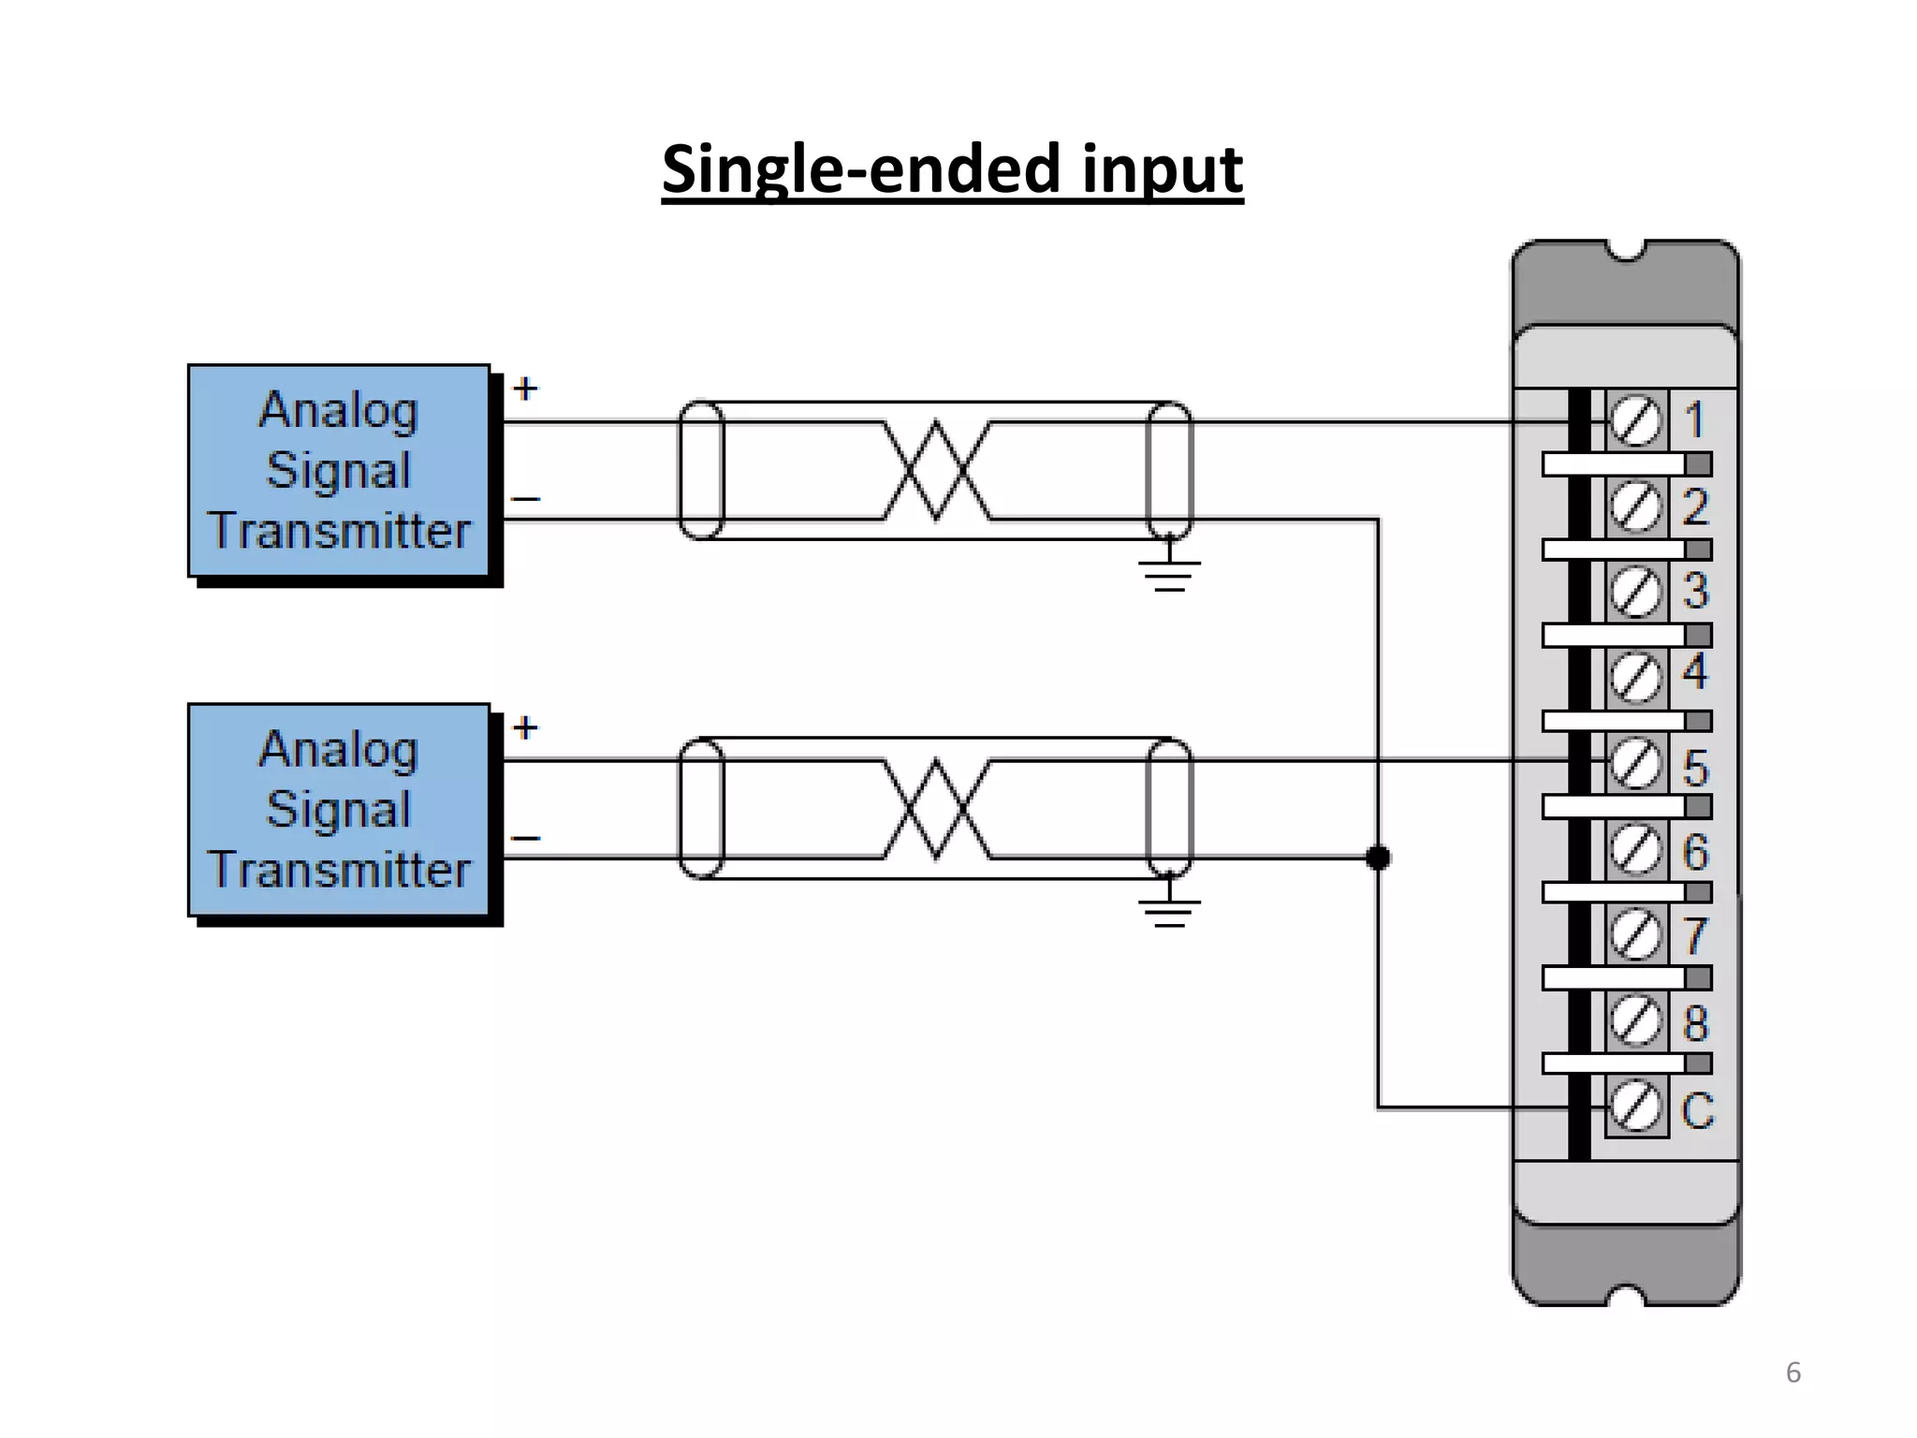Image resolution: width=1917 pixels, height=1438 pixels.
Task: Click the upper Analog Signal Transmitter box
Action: (339, 470)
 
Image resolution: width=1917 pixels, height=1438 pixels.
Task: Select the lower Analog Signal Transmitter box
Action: (339, 810)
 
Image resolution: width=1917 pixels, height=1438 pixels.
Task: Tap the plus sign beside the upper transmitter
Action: (526, 389)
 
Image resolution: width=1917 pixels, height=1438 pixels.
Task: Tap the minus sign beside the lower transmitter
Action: (526, 838)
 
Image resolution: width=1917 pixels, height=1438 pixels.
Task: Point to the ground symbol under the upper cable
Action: (1169, 572)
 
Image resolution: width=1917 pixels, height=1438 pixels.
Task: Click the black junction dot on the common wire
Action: (1378, 857)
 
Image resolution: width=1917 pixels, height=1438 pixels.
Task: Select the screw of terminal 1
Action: (1636, 422)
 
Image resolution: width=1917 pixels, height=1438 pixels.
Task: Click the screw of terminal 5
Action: (1636, 764)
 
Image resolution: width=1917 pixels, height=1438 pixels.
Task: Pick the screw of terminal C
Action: (1636, 1107)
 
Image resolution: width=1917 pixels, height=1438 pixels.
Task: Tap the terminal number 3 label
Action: (1696, 591)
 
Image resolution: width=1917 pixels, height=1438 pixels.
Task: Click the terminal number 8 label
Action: (1696, 1022)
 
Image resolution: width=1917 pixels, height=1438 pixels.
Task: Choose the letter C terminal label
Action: (1697, 1111)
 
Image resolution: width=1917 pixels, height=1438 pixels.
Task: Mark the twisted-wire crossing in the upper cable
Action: (936, 470)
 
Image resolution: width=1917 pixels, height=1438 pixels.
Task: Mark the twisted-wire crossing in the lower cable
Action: (936, 810)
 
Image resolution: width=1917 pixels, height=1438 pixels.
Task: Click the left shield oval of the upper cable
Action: (701, 470)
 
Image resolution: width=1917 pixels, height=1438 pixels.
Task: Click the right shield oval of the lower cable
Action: (1169, 808)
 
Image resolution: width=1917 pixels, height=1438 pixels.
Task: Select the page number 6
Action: (1793, 1372)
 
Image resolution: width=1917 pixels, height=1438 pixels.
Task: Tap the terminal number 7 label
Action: (1696, 936)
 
